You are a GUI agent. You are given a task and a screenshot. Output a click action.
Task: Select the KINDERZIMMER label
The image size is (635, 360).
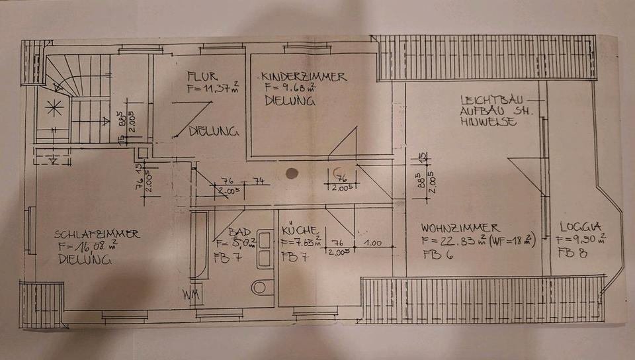coord(303,77)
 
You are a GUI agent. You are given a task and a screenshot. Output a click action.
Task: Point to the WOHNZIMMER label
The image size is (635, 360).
coord(460,228)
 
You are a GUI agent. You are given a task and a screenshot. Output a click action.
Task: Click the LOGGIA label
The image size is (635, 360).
coord(579,225)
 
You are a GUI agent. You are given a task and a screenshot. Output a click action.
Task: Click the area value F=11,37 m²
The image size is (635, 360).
coord(212,88)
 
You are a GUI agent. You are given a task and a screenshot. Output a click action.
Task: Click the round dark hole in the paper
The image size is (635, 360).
coord(291,174)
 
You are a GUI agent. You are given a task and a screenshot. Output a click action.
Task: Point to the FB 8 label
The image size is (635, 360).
coord(568,252)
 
